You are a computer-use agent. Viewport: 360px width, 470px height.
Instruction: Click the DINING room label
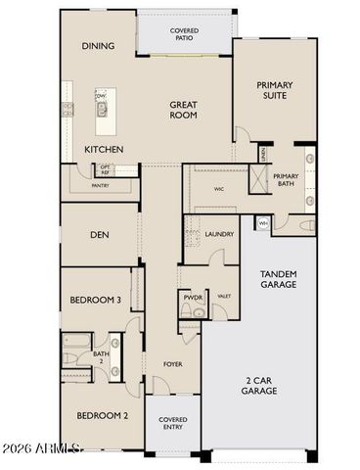coord(99,46)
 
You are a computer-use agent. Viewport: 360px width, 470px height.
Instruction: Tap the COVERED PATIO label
coord(184,36)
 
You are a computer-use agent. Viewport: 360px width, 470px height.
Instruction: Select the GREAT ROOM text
coord(183,110)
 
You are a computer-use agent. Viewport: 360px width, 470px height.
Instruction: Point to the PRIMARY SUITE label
coord(275,91)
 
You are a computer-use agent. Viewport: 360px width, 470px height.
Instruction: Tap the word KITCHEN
coord(105,149)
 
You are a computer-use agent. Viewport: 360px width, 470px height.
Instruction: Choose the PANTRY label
coord(99,184)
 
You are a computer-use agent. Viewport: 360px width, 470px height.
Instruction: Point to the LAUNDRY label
coord(218,234)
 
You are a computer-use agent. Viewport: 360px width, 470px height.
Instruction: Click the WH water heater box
coord(262,223)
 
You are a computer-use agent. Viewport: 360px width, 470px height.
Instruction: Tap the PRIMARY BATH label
coord(285,180)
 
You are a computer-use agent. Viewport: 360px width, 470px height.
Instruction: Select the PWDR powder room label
coord(191,296)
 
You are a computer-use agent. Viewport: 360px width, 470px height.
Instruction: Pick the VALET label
coord(223,296)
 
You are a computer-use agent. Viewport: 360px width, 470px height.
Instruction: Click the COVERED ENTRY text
coord(172,426)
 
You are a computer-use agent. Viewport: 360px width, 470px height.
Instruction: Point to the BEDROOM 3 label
coord(95,302)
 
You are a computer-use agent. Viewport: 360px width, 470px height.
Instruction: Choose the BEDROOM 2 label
coord(103,414)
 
